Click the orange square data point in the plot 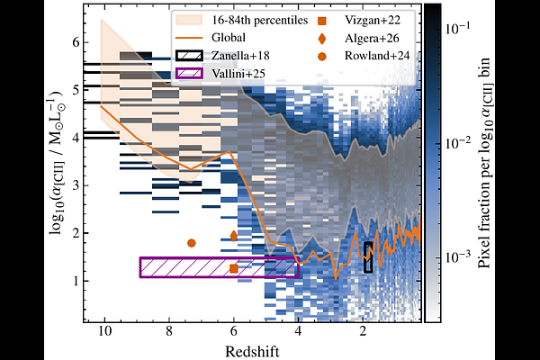234,268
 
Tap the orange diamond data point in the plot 234,236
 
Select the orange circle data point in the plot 191,243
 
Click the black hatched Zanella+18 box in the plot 368,256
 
